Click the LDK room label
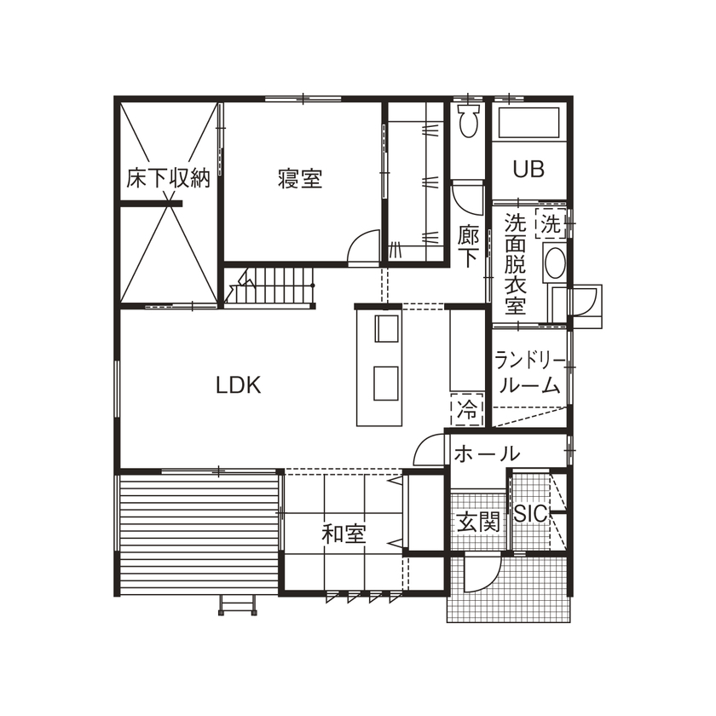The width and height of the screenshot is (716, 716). [238, 385]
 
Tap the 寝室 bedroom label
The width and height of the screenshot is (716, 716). [300, 179]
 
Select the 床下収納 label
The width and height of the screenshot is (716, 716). [168, 179]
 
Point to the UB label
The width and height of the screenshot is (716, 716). [528, 169]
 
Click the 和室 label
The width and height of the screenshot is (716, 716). [344, 534]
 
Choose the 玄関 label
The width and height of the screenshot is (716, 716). [477, 522]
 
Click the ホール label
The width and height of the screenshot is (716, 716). [486, 453]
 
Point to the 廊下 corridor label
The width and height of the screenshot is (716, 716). [469, 246]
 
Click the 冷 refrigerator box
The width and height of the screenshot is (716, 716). [467, 409]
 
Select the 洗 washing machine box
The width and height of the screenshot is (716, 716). [551, 225]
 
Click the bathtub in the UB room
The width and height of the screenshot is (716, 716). [528, 126]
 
